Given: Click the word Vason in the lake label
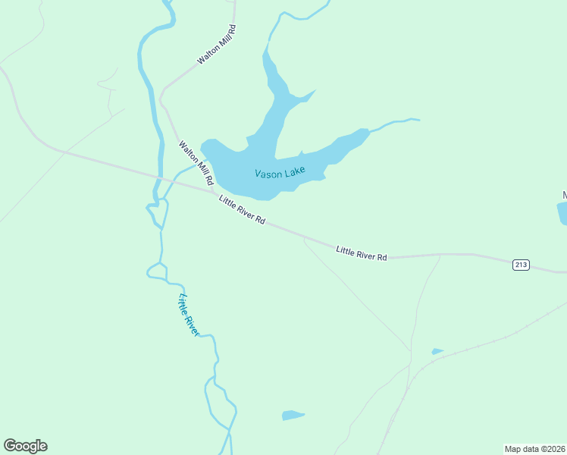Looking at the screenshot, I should pos(268,174).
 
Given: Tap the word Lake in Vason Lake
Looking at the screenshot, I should pos(294,171).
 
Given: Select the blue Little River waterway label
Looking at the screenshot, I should pos(188,315).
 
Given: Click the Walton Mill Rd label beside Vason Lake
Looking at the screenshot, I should pos(194,163).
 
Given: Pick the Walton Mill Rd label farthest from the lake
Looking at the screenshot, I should pos(217,45).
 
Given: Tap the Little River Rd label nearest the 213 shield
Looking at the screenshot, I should pos(362,253).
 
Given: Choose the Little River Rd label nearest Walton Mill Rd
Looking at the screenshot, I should pos(242,210).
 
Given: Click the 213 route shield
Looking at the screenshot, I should pos(521,265).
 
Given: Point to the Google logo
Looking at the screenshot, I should pos(25,446).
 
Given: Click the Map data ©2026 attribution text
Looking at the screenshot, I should pos(534,448).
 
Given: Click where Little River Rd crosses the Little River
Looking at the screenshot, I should pos(160,178).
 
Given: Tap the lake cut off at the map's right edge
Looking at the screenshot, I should pos(562,213).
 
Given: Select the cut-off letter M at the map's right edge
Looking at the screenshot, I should pos(563,195).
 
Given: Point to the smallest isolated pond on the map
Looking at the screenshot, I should pos(437,351).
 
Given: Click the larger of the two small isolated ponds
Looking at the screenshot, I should pos(292,415).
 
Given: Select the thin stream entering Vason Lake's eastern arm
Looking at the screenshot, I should pos(391,123).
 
